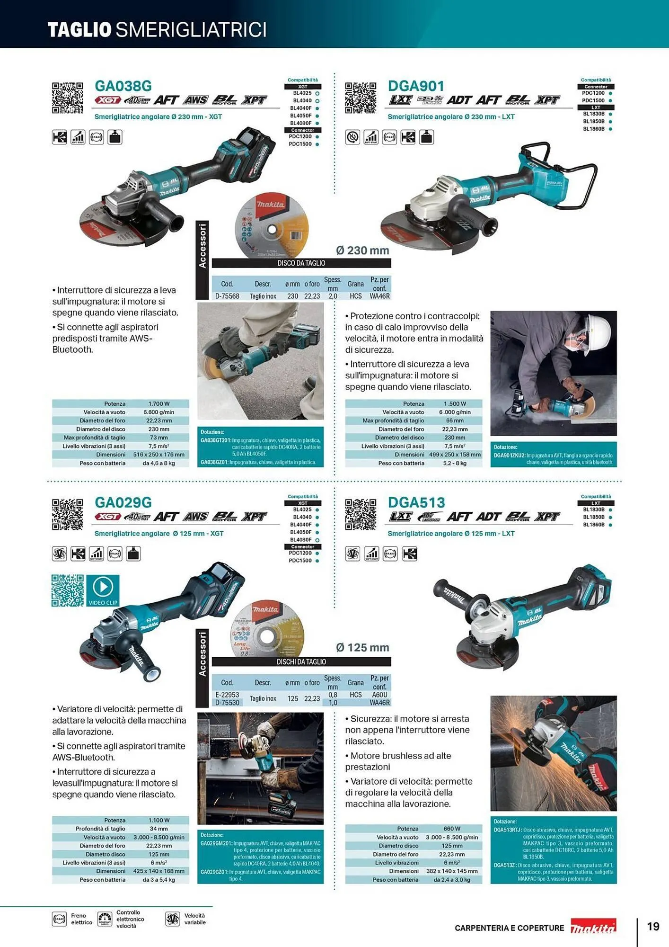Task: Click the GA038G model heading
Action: (x=123, y=86)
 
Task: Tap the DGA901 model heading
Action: (x=416, y=86)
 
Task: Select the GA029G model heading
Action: (x=123, y=502)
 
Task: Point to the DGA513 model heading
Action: (x=416, y=502)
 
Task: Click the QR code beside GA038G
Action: (x=67, y=98)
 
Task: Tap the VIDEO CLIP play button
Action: (x=103, y=588)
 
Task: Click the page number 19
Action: (x=653, y=927)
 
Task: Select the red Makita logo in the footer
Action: (x=593, y=927)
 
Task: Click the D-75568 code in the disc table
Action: (x=227, y=296)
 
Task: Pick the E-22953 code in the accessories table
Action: (x=227, y=695)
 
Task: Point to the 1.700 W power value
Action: (x=159, y=404)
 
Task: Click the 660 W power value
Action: (x=452, y=829)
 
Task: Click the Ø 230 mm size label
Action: (x=362, y=250)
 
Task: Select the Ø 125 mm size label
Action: (x=362, y=648)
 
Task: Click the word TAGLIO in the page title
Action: (x=79, y=30)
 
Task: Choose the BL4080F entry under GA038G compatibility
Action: (x=301, y=123)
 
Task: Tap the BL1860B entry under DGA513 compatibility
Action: (x=594, y=525)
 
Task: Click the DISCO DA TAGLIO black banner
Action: (x=301, y=263)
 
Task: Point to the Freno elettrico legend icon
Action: (x=59, y=919)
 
